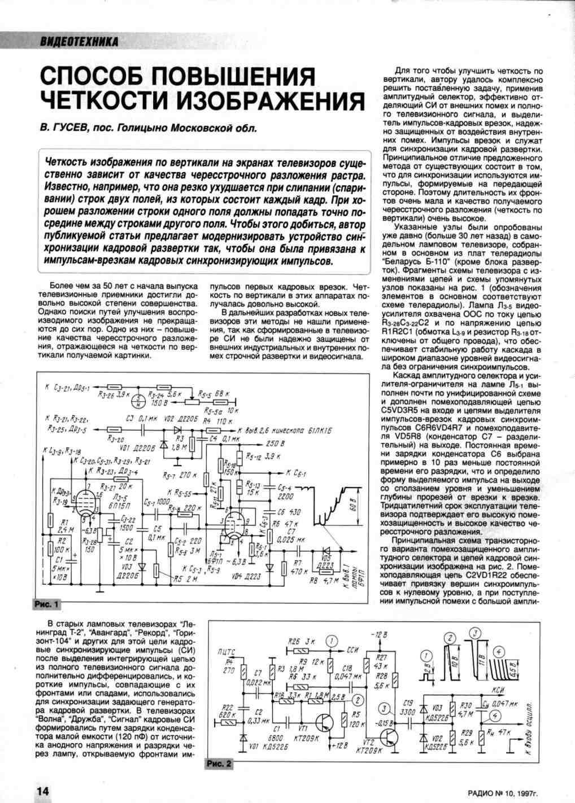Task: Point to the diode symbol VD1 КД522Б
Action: click(x=243, y=738)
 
